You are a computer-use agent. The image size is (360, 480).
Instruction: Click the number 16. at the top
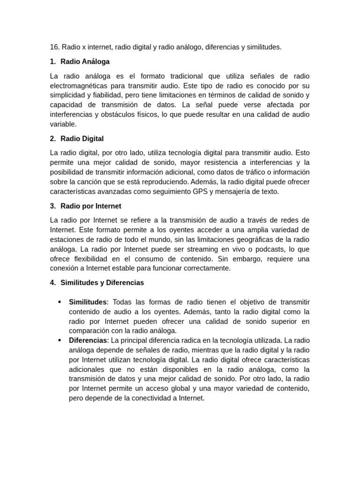click(54, 47)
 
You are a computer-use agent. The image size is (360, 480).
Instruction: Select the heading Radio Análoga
click(85, 61)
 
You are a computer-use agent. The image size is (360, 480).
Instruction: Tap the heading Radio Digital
click(82, 139)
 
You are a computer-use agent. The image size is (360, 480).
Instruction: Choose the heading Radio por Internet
click(91, 206)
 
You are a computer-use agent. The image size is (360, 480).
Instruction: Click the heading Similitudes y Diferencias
click(102, 283)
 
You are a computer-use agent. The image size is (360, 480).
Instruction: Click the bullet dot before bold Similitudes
click(60, 302)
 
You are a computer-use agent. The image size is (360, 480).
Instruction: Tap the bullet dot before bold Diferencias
click(60, 340)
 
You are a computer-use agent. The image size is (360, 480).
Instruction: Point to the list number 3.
click(52, 206)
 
